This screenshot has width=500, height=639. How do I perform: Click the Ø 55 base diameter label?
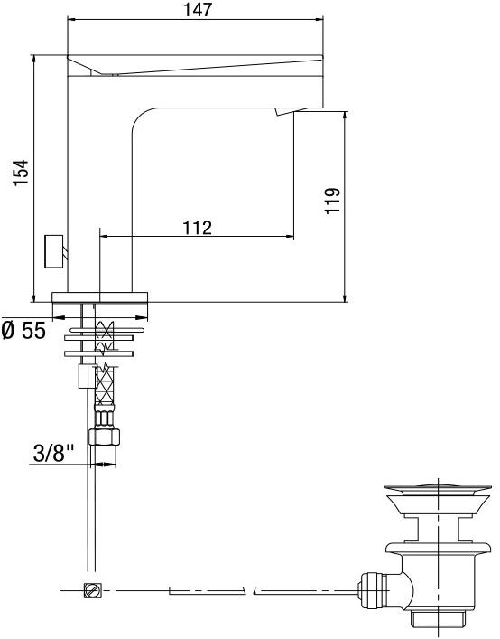[23, 331]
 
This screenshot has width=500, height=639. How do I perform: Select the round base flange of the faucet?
[101, 297]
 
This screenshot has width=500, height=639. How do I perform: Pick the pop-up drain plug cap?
[439, 491]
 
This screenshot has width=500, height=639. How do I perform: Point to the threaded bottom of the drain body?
[438, 619]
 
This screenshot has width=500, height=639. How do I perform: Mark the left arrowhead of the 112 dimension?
[102, 237]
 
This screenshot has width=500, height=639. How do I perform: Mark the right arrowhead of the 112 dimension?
[290, 237]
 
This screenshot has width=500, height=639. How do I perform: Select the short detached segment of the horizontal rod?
[207, 590]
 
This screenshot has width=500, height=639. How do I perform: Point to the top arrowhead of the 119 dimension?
[345, 115]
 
